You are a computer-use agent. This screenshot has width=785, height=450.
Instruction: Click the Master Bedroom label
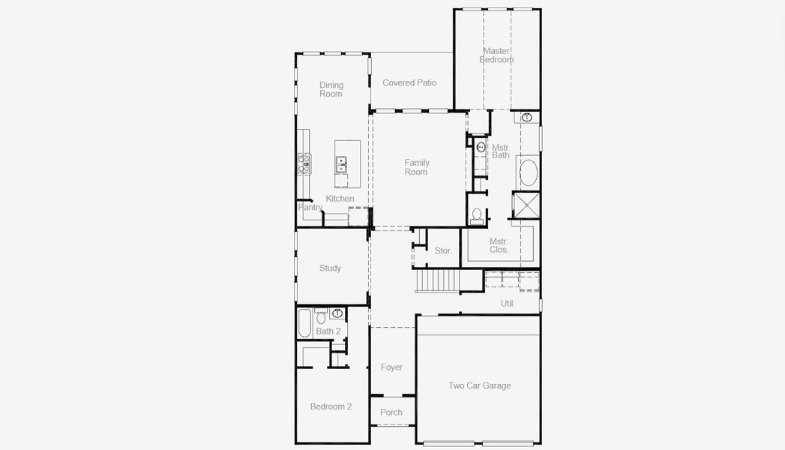pos(496,55)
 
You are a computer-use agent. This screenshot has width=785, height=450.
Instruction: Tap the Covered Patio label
pos(409,82)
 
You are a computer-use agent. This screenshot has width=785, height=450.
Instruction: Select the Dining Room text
pos(331,89)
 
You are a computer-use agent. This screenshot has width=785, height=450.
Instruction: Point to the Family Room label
pos(416,167)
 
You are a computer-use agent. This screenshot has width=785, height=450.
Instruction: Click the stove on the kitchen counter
pos(304,163)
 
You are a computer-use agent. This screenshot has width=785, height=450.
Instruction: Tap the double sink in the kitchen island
pos(341,164)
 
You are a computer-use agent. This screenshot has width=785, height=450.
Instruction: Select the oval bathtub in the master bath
pos(527,172)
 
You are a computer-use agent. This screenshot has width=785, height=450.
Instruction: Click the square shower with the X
pos(525,205)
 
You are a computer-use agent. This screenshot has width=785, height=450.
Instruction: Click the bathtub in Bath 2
pos(304,323)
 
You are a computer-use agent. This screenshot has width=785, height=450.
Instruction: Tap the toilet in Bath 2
pos(321,317)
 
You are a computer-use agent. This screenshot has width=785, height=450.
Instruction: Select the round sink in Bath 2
pos(337,313)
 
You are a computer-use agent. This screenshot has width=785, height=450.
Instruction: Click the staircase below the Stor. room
pos(439,280)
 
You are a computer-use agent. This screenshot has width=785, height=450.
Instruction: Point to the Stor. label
pos(443,250)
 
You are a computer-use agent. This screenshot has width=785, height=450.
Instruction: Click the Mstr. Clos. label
pos(499,245)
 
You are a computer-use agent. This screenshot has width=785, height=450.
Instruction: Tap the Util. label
pos(508,303)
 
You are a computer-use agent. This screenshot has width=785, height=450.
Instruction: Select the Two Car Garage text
pos(479,385)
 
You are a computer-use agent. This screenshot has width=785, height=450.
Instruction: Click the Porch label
pos(391,412)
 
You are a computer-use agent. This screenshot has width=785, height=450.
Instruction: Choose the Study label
pos(330,268)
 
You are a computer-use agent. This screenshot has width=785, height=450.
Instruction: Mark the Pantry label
pos(310,207)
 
